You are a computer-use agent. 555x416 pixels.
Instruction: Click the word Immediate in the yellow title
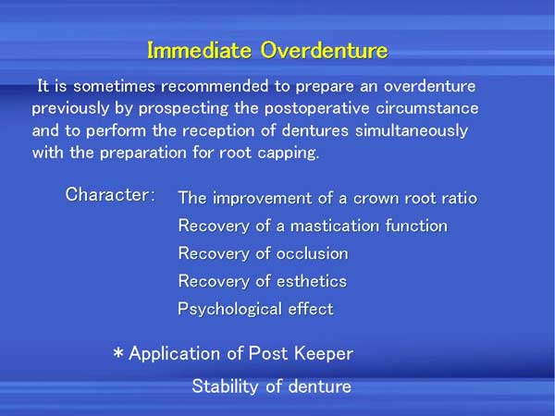pos(199,50)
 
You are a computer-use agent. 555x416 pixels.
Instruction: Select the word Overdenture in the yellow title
pos(325,50)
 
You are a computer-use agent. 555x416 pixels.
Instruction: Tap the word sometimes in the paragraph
pos(115,86)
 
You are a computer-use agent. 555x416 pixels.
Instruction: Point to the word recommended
pos(215,86)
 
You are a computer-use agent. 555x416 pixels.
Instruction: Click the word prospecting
pos(183,109)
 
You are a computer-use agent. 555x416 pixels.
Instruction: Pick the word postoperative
pos(317,109)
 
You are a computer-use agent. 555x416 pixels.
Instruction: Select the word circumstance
pos(427,108)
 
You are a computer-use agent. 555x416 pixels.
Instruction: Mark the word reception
pos(218,131)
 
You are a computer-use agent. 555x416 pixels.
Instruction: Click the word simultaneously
pos(412,131)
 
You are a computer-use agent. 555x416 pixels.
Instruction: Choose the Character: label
pos(110,194)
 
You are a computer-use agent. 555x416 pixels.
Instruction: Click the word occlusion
pos(313,253)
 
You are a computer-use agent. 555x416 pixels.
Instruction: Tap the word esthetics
pos(312,281)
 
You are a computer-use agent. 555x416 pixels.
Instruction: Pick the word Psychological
pos(230,309)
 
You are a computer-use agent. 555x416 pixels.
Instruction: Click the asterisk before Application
pos(118,353)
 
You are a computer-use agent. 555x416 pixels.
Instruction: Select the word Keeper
pos(324,354)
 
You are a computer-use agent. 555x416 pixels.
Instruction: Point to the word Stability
pos(226,385)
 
